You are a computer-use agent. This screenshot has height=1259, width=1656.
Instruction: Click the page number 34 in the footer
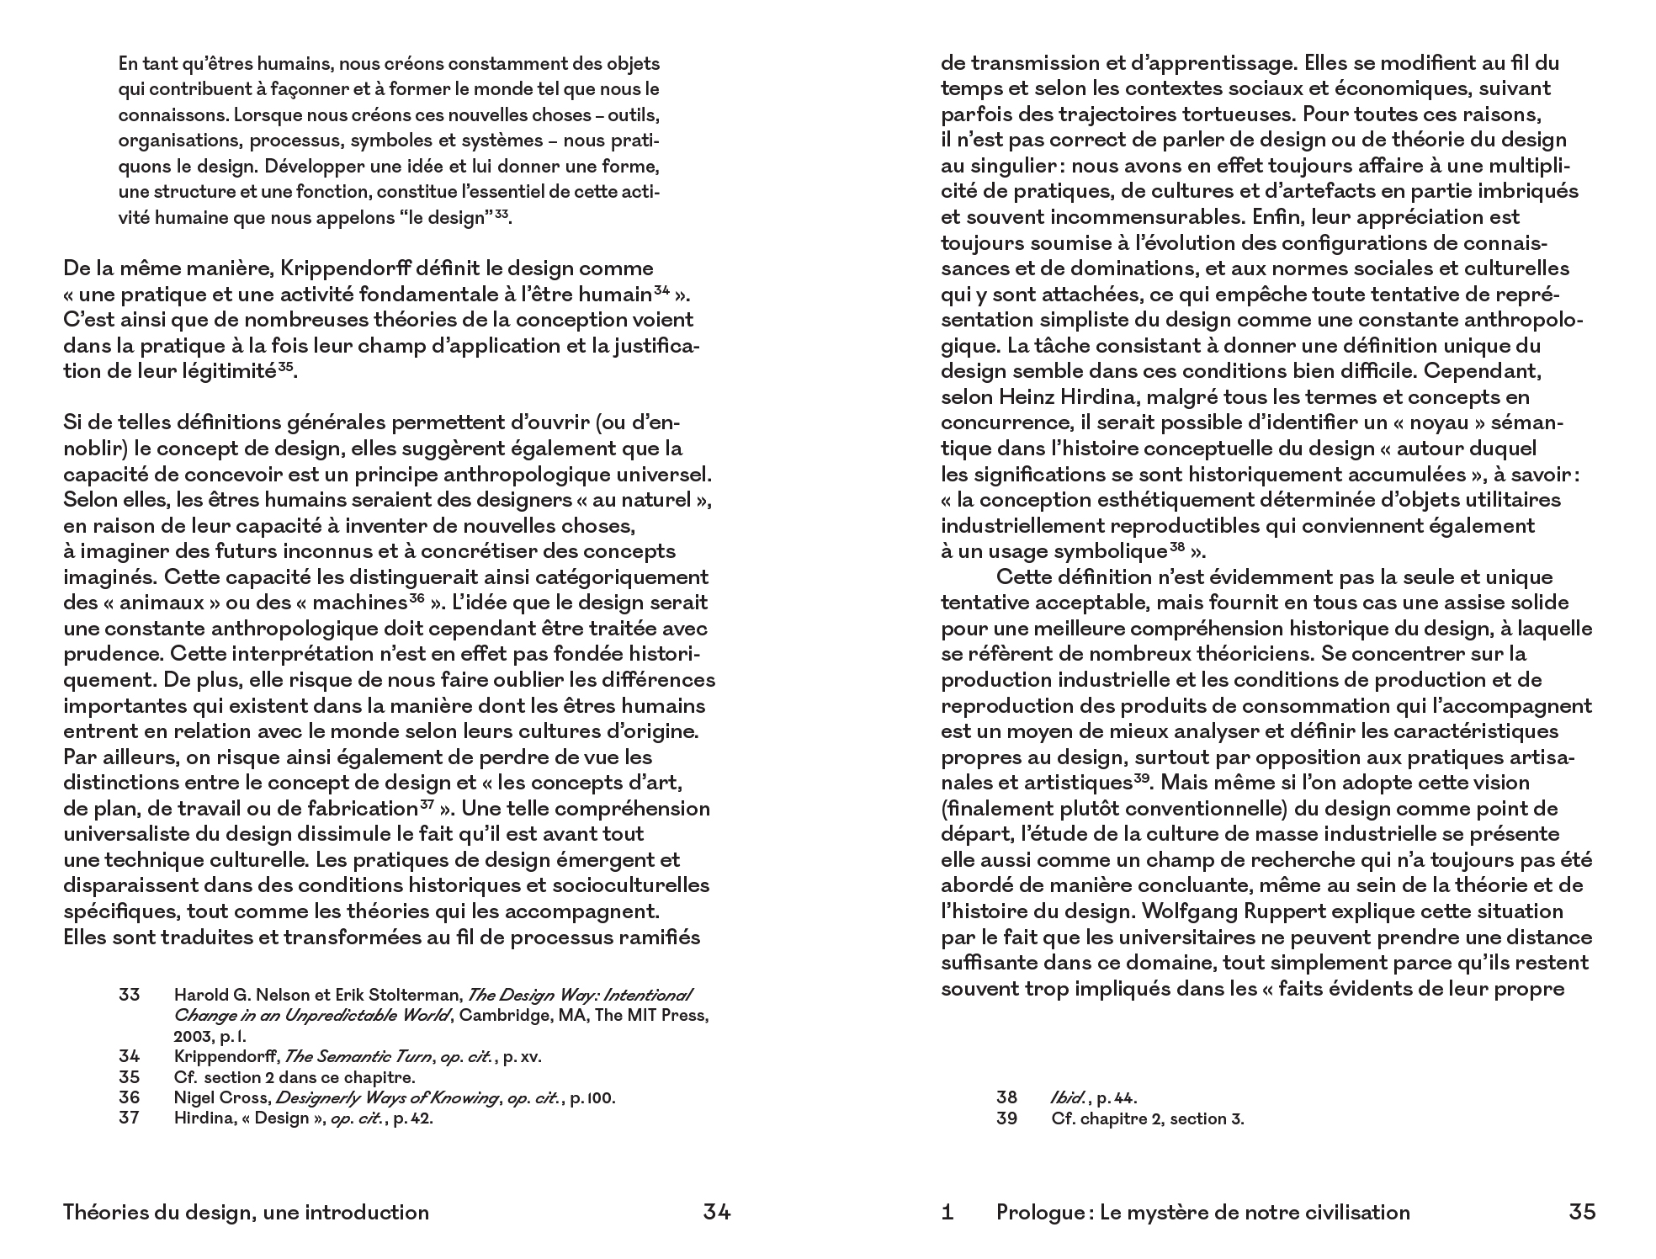pos(716,1212)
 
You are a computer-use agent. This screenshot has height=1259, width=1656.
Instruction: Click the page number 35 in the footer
pos(1582,1212)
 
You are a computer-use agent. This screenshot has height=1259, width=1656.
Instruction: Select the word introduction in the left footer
pos(367,1212)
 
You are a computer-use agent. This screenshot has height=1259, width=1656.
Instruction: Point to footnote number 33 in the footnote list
pos(129,995)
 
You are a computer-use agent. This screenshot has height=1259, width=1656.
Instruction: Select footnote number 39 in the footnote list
pos(1006,1118)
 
